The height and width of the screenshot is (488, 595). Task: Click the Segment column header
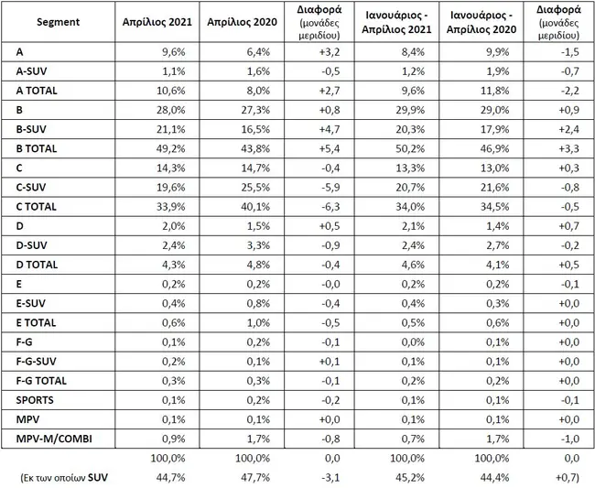[x=58, y=22]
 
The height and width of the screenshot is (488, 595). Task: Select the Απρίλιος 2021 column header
[x=157, y=22]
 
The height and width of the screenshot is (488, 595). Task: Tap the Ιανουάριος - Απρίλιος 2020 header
[x=481, y=22]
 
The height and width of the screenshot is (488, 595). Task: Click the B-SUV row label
[x=31, y=129]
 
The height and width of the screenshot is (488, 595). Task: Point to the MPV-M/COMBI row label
[x=54, y=439]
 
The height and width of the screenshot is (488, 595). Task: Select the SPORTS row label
[x=35, y=400]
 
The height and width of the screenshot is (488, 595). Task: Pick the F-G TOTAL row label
[x=41, y=381]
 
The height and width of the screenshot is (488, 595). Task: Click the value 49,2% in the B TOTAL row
[x=171, y=148]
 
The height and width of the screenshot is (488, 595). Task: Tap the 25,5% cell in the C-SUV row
[x=255, y=187]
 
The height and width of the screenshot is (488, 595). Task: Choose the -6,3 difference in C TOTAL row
[x=330, y=206]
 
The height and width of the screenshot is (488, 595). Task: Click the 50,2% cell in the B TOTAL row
[x=410, y=148]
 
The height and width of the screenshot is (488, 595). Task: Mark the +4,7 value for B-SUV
[x=330, y=129]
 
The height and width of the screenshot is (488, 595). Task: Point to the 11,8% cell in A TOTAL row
[x=494, y=91]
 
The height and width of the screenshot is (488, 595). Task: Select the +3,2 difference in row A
[x=330, y=51]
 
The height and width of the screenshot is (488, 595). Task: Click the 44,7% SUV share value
[x=171, y=477]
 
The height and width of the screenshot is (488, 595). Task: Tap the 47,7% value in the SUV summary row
[x=255, y=477]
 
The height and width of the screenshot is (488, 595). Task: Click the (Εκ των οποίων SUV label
[x=64, y=477]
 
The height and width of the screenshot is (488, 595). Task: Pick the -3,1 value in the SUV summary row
[x=330, y=477]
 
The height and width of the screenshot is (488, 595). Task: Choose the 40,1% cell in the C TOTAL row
[x=255, y=206]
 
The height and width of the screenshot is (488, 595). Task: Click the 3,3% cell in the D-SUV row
[x=258, y=245]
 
